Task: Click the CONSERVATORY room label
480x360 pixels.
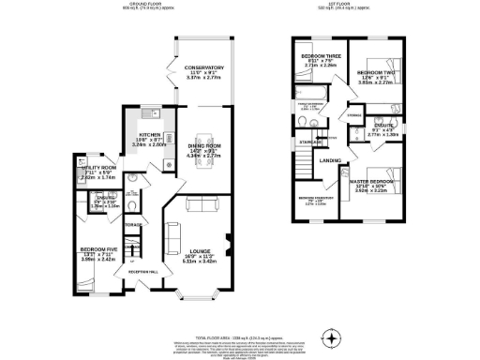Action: (203, 67)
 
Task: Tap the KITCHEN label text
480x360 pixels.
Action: (150, 135)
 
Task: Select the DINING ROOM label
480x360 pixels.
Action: (203, 144)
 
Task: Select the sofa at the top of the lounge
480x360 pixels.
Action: (201, 205)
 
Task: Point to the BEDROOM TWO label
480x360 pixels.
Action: (377, 72)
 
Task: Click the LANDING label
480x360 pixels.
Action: (330, 160)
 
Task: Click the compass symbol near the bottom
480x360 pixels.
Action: (329, 336)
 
